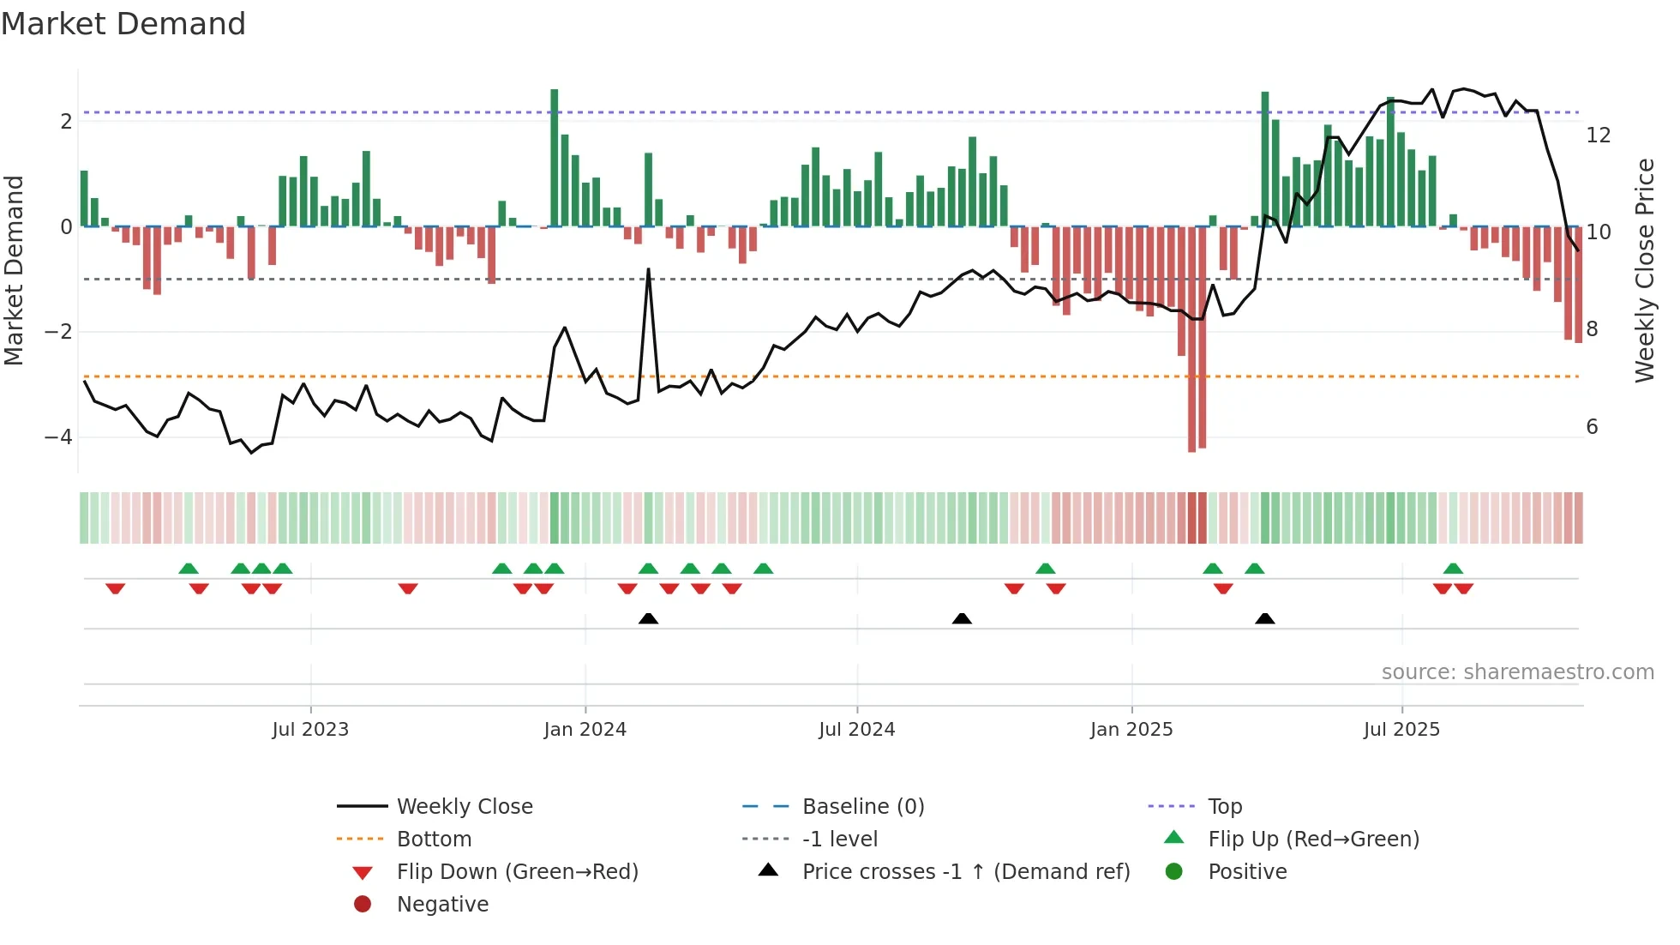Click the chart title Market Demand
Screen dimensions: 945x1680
point(123,24)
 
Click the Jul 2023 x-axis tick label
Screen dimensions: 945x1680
point(310,730)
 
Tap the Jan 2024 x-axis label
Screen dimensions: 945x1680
point(585,730)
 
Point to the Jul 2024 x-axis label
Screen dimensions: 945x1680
point(856,730)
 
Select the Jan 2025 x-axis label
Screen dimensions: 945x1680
point(1131,730)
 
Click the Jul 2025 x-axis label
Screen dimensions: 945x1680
point(1401,730)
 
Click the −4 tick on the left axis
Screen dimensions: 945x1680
point(59,437)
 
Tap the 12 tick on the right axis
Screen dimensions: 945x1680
point(1598,135)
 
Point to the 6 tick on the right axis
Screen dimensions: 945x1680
point(1592,427)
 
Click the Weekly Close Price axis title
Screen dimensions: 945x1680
point(1644,270)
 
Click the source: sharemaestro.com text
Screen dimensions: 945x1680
point(1517,672)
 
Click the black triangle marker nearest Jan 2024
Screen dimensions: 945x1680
point(648,618)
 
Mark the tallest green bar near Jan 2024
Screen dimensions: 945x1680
point(555,158)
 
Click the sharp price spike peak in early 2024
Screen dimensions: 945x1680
point(648,270)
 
